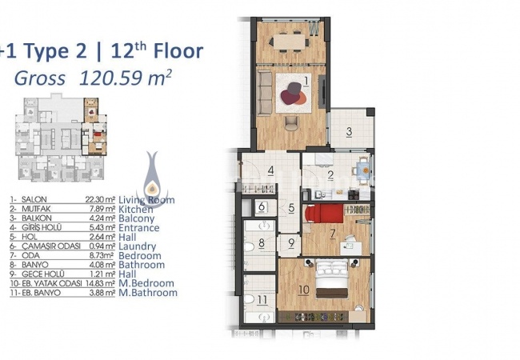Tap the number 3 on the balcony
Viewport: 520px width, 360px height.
[349, 132]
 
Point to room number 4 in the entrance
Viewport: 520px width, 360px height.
[271, 170]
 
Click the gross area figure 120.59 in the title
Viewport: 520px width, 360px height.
[111, 78]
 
